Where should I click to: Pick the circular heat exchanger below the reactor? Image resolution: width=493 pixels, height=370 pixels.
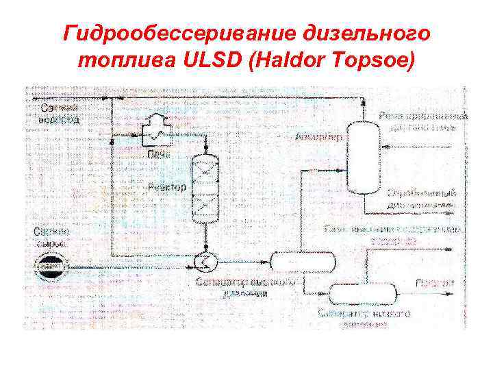205,260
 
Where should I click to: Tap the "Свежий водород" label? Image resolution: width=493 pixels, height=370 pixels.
60,114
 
